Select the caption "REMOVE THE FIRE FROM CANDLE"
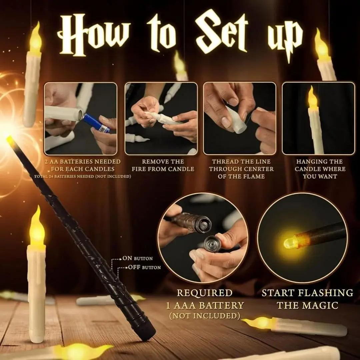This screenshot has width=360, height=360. tap(163, 165)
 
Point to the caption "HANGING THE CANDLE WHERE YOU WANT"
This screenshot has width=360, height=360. tap(320, 169)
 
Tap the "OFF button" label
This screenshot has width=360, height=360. tap(144, 267)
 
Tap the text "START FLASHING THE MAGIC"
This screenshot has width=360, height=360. tap(307, 299)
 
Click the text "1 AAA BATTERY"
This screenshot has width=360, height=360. tap(205, 305)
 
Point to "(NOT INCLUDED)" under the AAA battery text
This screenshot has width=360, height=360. tap(205, 316)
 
